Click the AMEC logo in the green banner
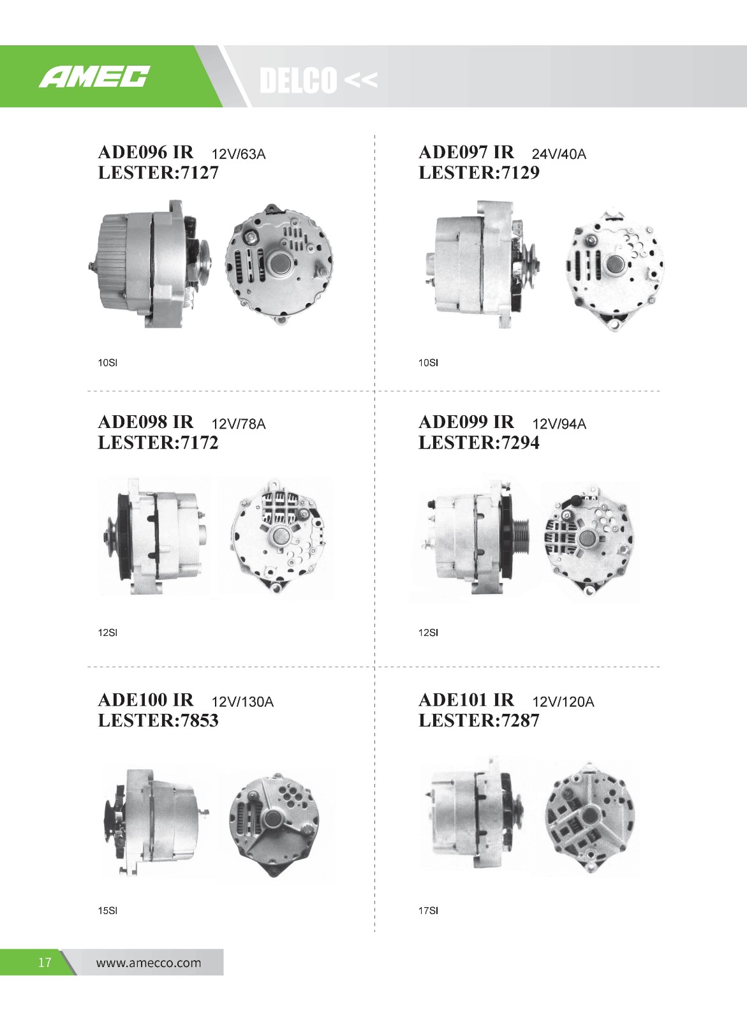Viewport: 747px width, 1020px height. pos(94,77)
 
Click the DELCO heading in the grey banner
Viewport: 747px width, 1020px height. pos(298,80)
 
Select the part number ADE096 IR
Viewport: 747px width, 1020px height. pos(145,152)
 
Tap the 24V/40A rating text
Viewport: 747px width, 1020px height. pos(559,154)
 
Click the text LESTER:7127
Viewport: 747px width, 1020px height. pos(158,173)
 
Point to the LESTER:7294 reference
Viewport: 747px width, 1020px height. pos(478,443)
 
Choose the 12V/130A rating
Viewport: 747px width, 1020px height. pos(242,702)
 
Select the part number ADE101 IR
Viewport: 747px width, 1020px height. pos(466,699)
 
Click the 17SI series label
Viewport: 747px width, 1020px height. pos(428,910)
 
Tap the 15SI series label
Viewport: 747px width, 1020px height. pos(108,910)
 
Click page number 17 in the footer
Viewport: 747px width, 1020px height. pos(45,962)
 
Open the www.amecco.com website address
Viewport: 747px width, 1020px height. pos(149,963)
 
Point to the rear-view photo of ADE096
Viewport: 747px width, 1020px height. pos(279,264)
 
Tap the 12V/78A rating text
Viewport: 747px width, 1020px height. pos(238,424)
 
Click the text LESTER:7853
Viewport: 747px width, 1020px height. pos(158,720)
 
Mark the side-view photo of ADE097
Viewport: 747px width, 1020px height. pos(484,264)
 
